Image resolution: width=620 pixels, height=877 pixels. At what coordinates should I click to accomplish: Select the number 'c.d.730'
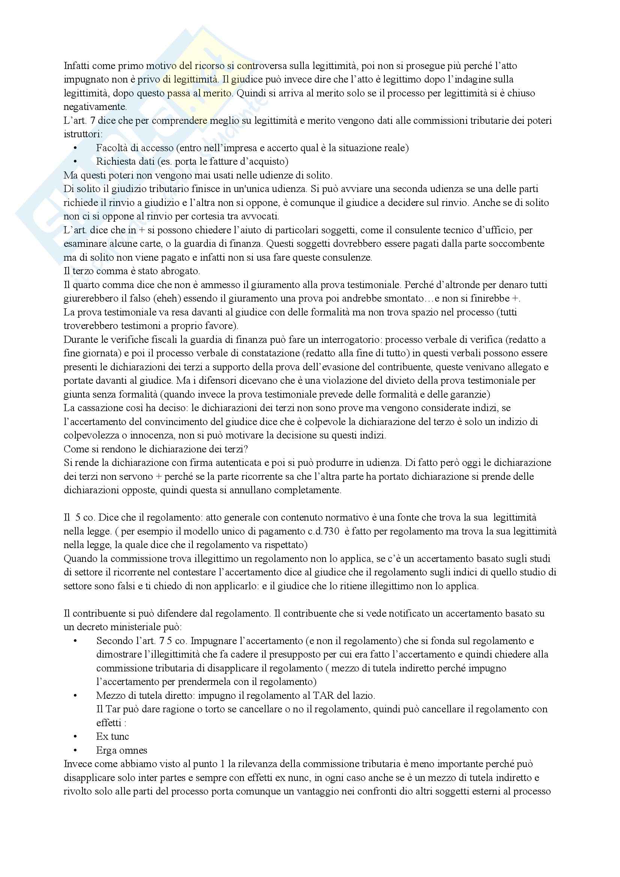[x=321, y=531]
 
